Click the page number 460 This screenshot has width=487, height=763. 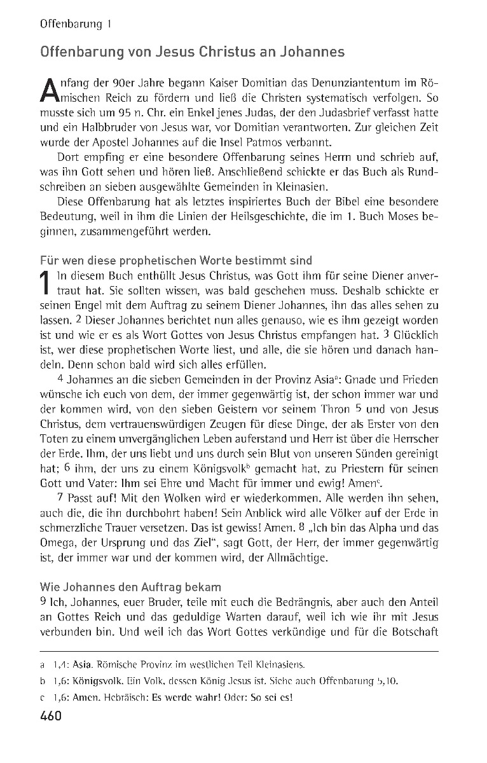click(50, 717)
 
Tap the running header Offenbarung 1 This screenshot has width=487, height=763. click(76, 25)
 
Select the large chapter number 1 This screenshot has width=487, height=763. click(45, 283)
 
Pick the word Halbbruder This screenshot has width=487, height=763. click(97, 127)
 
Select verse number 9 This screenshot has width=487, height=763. click(43, 601)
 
